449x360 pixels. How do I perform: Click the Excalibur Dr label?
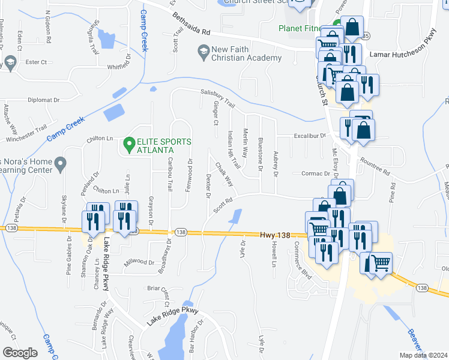pyautogui.click(x=310, y=136)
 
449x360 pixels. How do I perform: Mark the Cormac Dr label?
pyautogui.click(x=312, y=174)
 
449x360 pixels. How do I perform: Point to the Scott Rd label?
pyautogui.click(x=222, y=206)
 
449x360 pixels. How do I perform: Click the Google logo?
pyautogui.click(x=20, y=353)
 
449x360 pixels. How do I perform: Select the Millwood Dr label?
pyautogui.click(x=139, y=262)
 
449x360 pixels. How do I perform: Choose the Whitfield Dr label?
pyautogui.click(x=117, y=67)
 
